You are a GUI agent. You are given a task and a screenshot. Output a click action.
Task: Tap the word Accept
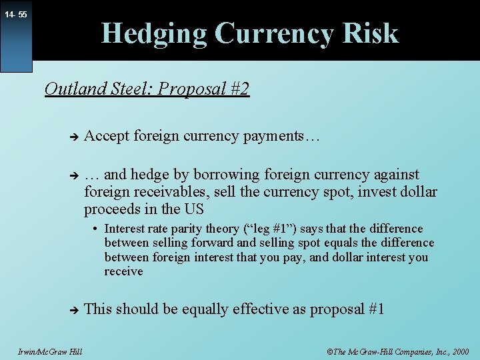(x=107, y=136)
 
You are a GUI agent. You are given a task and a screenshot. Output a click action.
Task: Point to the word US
(x=193, y=210)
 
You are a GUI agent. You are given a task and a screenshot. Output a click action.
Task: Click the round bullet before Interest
(x=97, y=229)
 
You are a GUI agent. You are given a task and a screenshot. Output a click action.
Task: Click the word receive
(x=124, y=271)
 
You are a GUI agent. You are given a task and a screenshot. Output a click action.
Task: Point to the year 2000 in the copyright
(x=459, y=351)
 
